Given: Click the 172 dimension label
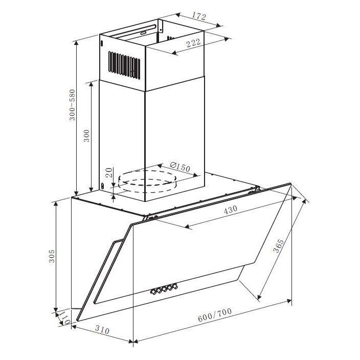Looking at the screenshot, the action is coord(199,16).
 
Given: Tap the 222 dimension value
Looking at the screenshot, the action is coord(193,43).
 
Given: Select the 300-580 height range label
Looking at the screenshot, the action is coord(72,105).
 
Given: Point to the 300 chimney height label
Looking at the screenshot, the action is coord(86,136).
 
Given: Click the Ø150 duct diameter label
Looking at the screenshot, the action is coord(180,167).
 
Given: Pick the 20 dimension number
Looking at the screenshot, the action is coord(109,172).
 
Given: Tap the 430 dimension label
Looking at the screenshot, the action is coord(230,210).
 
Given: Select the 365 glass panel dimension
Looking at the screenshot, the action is coord(278,246).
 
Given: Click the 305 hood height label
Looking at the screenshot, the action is coord(52,256).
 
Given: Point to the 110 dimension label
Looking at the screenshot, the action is coord(64,318).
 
